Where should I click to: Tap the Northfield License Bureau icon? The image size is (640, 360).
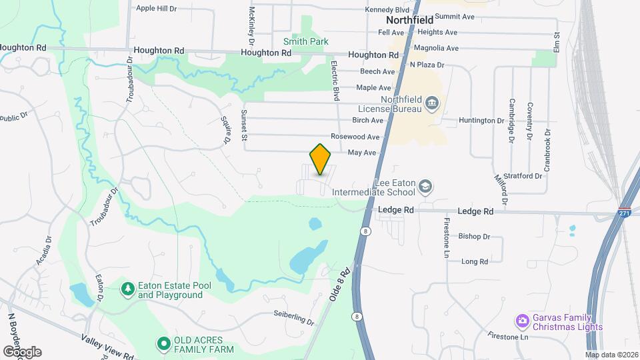click(x=432, y=104)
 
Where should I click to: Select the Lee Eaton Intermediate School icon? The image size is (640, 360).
click(x=425, y=187)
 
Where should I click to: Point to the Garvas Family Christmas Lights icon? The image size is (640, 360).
click(x=522, y=322)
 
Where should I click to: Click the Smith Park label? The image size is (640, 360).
click(x=311, y=41)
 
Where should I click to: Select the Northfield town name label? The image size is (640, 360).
click(x=410, y=20)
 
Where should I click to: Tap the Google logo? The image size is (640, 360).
click(x=22, y=351)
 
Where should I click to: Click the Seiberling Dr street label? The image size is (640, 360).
click(x=293, y=317)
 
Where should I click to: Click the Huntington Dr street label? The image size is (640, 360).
click(x=482, y=121)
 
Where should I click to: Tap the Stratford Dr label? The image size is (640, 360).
click(x=523, y=176)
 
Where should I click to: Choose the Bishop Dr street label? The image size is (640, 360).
click(x=474, y=236)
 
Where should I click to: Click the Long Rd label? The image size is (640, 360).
click(x=475, y=261)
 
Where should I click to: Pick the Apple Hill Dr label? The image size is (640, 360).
click(x=156, y=9)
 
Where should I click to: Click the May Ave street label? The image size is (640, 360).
click(x=363, y=153)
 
